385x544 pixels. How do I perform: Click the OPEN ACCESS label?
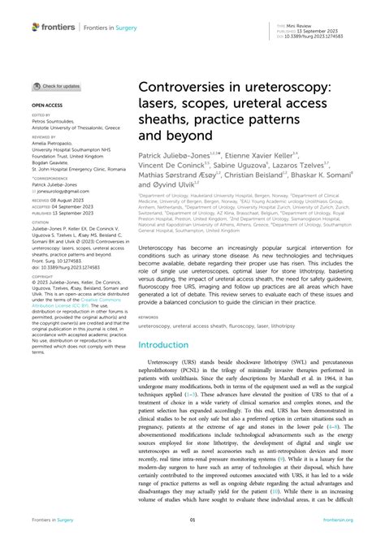click(49, 106)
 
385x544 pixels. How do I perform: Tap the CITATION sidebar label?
click(41, 221)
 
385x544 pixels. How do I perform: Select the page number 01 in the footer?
click(192, 520)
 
